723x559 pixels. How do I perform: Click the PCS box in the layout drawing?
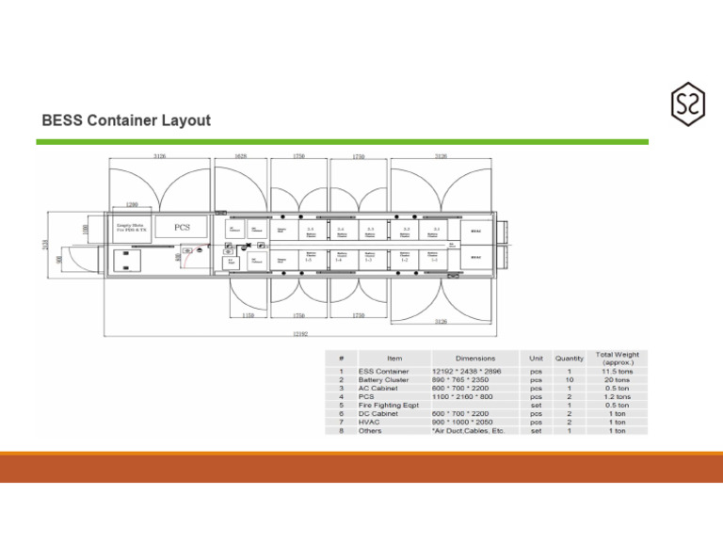click(x=181, y=227)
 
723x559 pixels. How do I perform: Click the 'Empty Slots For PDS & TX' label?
click(x=131, y=227)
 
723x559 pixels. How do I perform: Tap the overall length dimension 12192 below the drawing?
click(x=298, y=333)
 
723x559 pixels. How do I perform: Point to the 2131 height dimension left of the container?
click(x=45, y=245)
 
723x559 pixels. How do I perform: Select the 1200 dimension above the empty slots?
click(x=132, y=204)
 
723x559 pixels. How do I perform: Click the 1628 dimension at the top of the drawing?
click(x=241, y=156)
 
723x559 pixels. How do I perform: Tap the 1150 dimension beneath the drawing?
click(x=248, y=316)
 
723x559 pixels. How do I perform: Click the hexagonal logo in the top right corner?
click(x=687, y=104)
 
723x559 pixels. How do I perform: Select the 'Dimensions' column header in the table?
click(x=474, y=359)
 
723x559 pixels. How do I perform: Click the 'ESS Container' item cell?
click(x=383, y=372)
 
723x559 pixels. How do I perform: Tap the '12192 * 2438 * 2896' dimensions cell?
click(x=467, y=372)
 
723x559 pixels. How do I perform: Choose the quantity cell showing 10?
click(x=569, y=380)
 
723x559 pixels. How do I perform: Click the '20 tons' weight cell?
click(x=617, y=380)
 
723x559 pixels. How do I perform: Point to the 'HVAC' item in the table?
click(x=369, y=423)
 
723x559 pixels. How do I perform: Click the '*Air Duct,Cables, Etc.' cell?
click(x=469, y=431)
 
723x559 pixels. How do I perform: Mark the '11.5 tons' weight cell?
click(x=617, y=372)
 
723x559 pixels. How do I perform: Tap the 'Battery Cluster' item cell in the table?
click(x=384, y=380)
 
